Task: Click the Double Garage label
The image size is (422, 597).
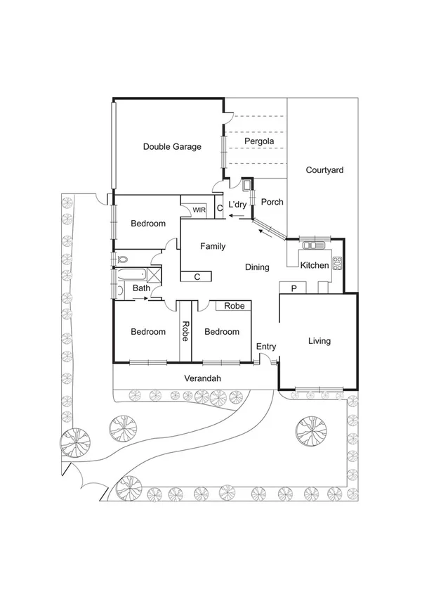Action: click(x=172, y=147)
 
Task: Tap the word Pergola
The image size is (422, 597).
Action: click(x=258, y=142)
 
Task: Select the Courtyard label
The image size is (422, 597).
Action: click(x=324, y=170)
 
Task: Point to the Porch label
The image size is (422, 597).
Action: click(x=272, y=203)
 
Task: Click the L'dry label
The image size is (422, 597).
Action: click(x=238, y=205)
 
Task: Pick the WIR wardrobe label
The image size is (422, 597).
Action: click(x=199, y=210)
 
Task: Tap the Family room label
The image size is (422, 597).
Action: click(x=213, y=246)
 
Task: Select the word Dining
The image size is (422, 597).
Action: click(x=257, y=267)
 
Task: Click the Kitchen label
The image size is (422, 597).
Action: click(x=314, y=266)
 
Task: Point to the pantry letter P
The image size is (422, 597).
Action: click(x=294, y=288)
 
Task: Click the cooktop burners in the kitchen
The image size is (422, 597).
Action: click(x=337, y=264)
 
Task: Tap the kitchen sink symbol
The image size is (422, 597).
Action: click(x=310, y=245)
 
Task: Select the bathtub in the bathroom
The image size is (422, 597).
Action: click(x=133, y=274)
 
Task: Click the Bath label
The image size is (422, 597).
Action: click(x=141, y=288)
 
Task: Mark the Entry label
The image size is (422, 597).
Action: click(x=266, y=347)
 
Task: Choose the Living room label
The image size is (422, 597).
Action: click(x=319, y=342)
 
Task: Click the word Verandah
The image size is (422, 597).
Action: click(x=203, y=378)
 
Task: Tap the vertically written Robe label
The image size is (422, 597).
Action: click(x=185, y=330)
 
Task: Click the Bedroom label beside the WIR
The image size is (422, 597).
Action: click(x=148, y=224)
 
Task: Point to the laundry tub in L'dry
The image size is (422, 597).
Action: click(x=246, y=186)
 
